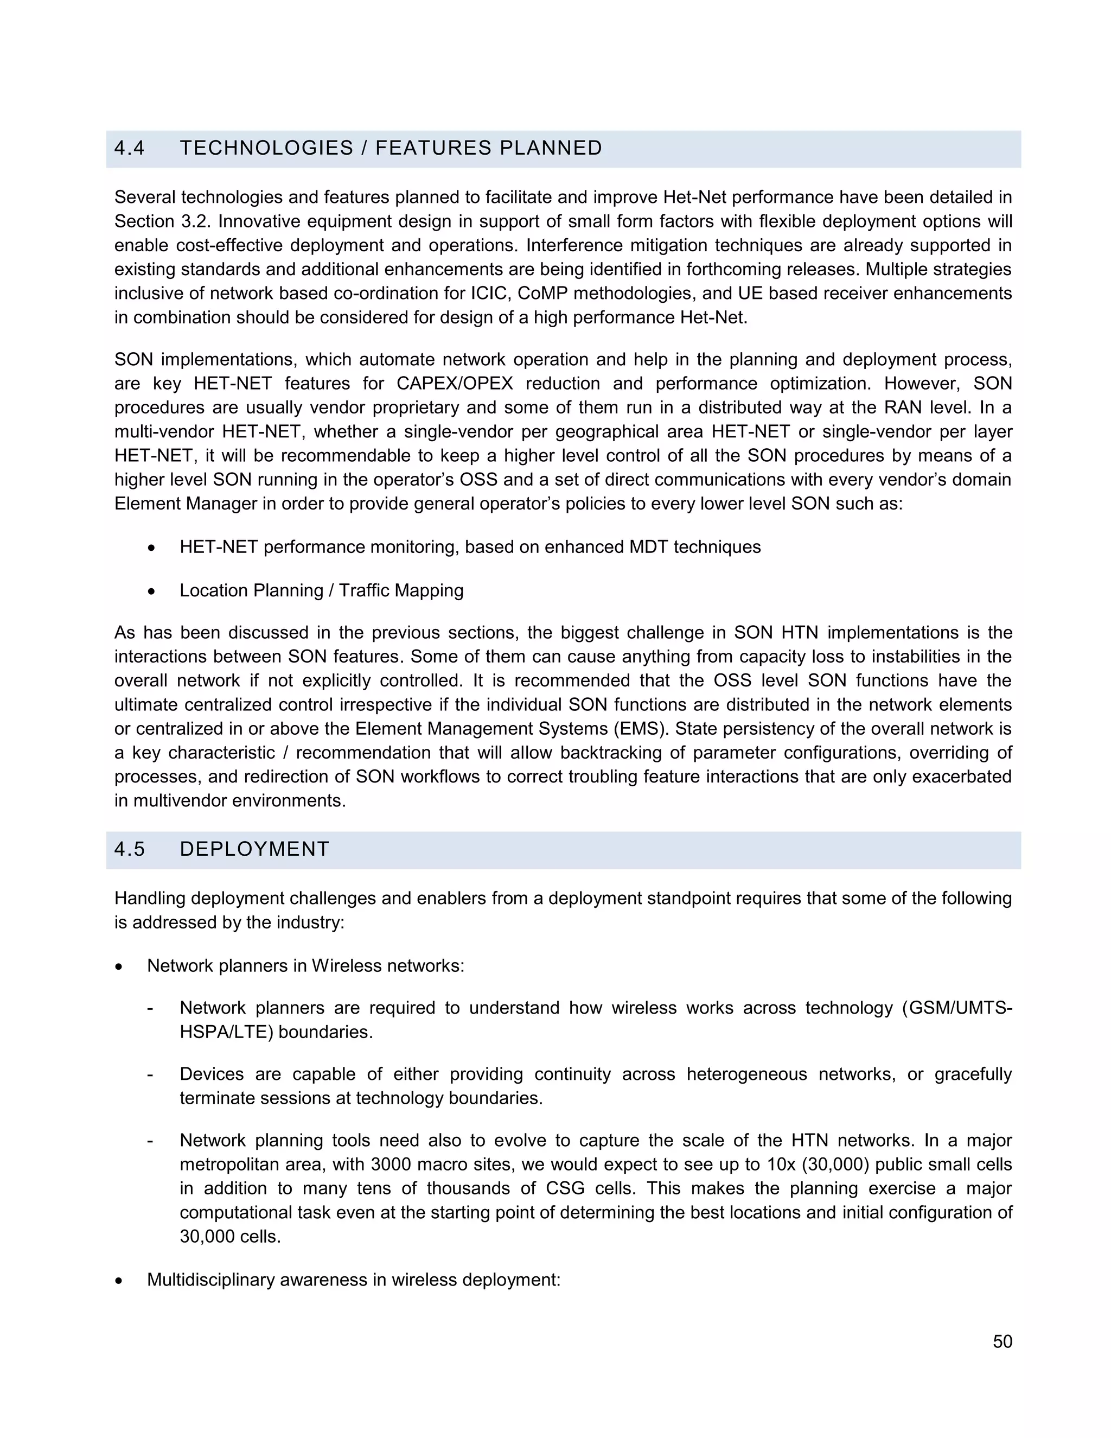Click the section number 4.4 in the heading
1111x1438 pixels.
(129, 148)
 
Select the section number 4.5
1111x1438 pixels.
(129, 849)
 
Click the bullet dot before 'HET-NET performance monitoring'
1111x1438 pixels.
(151, 548)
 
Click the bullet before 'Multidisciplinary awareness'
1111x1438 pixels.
(118, 1281)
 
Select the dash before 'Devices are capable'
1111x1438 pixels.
(151, 1074)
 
